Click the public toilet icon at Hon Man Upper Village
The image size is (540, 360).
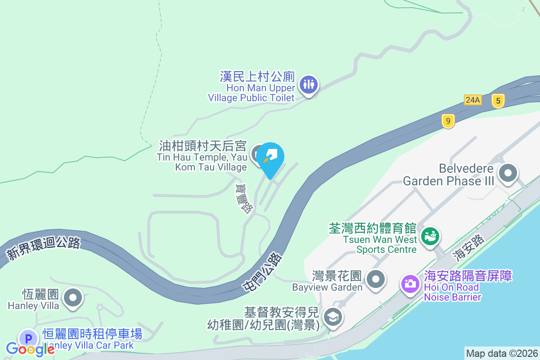tap(308, 84)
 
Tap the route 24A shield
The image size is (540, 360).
tap(473, 100)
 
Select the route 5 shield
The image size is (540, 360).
tap(498, 100)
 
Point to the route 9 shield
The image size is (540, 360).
tap(448, 121)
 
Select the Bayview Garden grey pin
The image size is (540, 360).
tap(376, 279)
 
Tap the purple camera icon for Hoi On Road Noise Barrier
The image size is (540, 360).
tap(410, 283)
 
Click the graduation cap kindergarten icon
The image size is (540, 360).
tap(333, 317)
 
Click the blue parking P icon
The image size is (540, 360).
tap(28, 338)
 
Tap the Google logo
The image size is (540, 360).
tap(30, 349)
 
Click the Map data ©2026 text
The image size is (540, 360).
tap(502, 353)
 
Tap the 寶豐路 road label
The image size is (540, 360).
tap(243, 198)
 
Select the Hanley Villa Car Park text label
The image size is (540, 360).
tap(88, 346)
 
